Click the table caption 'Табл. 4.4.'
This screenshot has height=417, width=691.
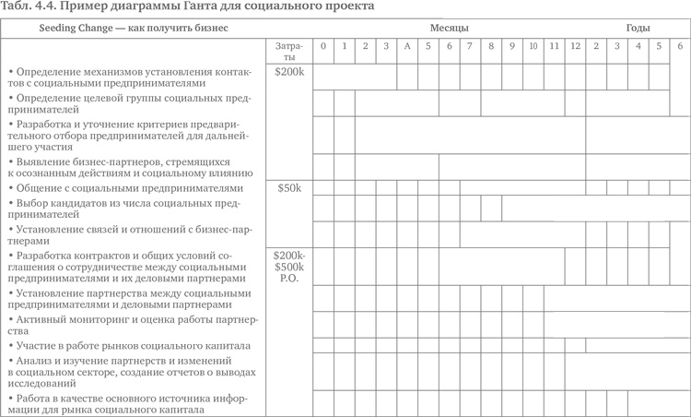click(x=30, y=8)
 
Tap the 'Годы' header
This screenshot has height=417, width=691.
click(x=636, y=29)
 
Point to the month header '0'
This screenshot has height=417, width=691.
click(x=322, y=46)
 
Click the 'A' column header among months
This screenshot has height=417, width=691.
click(x=406, y=46)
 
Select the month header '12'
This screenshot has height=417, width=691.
click(x=575, y=46)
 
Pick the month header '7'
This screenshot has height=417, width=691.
click(x=469, y=46)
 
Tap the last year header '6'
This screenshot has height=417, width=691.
click(x=680, y=46)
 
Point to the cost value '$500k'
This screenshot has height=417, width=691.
click(x=290, y=267)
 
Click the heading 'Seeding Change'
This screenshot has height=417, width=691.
click(x=75, y=29)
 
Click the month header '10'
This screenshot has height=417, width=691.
click(x=533, y=46)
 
